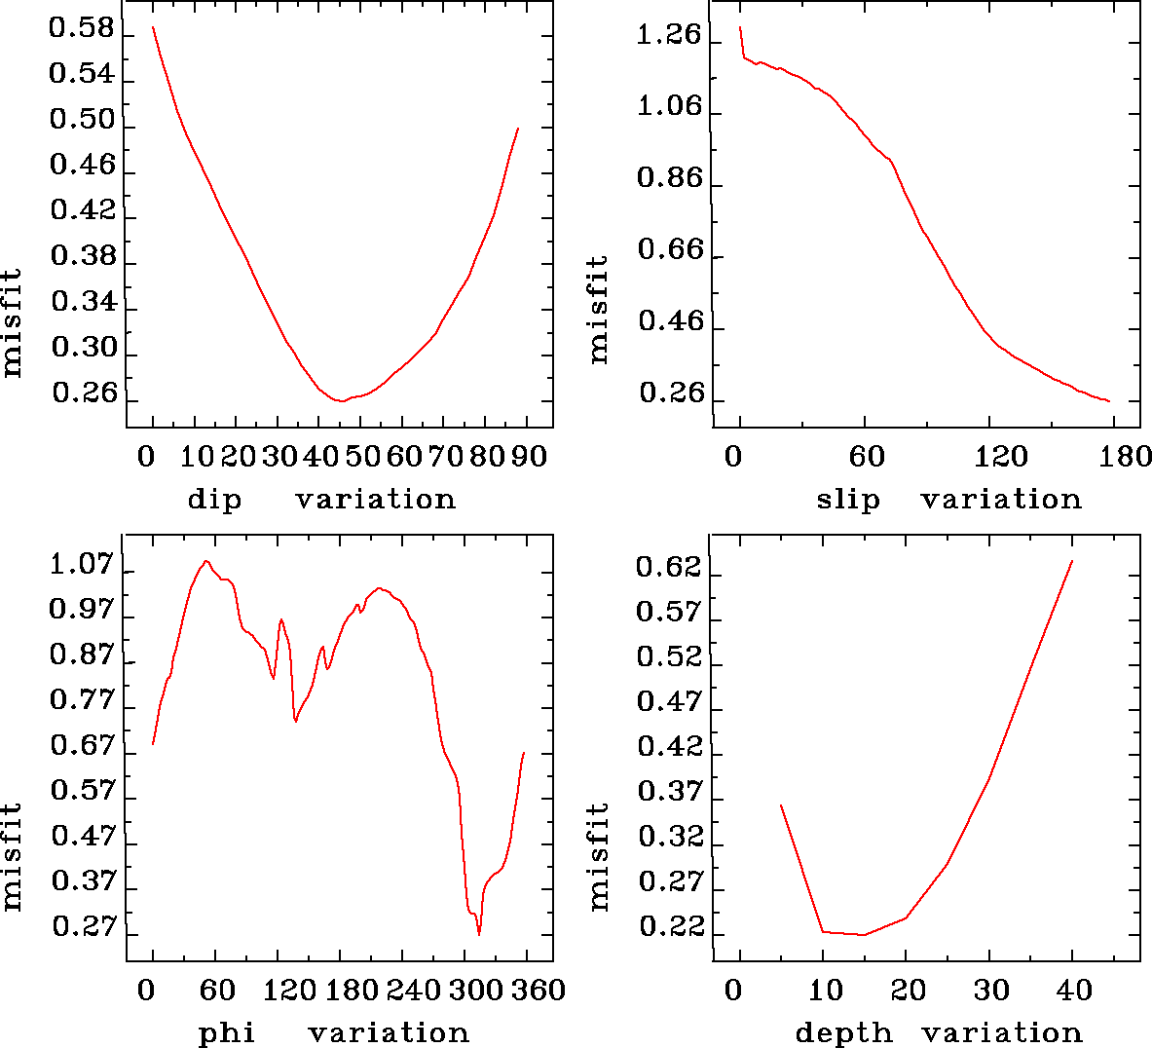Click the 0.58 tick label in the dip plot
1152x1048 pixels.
82,29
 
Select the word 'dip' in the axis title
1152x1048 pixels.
214,500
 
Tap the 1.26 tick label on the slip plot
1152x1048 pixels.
669,36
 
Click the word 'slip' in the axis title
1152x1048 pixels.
848,500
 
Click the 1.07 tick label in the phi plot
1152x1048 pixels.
82,565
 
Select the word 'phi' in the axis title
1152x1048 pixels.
227,1032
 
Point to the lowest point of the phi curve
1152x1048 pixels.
479,934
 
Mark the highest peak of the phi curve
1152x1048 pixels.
205,561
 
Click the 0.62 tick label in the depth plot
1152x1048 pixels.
669,567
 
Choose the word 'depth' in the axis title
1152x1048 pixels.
843,1032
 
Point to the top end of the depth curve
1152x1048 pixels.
1072,561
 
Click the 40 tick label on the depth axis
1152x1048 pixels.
1075,991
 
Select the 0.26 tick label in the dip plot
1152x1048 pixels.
85,393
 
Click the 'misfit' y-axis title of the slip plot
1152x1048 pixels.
599,309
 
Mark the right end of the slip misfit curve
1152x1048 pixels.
1109,401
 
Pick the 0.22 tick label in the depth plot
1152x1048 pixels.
671,927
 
